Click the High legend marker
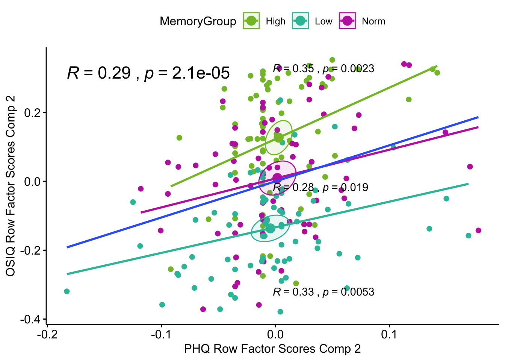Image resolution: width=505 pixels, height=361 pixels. click(251, 21)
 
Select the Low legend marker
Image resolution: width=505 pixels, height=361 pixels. click(300, 21)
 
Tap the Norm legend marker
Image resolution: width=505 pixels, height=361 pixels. click(347, 21)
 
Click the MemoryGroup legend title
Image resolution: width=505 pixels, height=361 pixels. click(198, 21)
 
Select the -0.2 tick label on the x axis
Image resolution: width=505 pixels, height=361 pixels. click(47, 334)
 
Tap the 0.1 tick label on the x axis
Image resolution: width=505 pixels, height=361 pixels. click(389, 334)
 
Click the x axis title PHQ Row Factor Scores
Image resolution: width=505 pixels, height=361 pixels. click(272, 349)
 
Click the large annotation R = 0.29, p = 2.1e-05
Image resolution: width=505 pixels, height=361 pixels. click(148, 73)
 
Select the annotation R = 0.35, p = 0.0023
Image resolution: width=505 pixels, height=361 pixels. click(324, 68)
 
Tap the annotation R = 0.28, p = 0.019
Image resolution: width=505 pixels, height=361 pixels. click(321, 187)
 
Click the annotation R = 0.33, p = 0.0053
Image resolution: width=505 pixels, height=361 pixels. click(324, 292)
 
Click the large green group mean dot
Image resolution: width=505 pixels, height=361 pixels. click(278, 138)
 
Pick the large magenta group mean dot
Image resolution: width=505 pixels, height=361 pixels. click(277, 178)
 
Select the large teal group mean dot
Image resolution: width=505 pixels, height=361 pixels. click(270, 228)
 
